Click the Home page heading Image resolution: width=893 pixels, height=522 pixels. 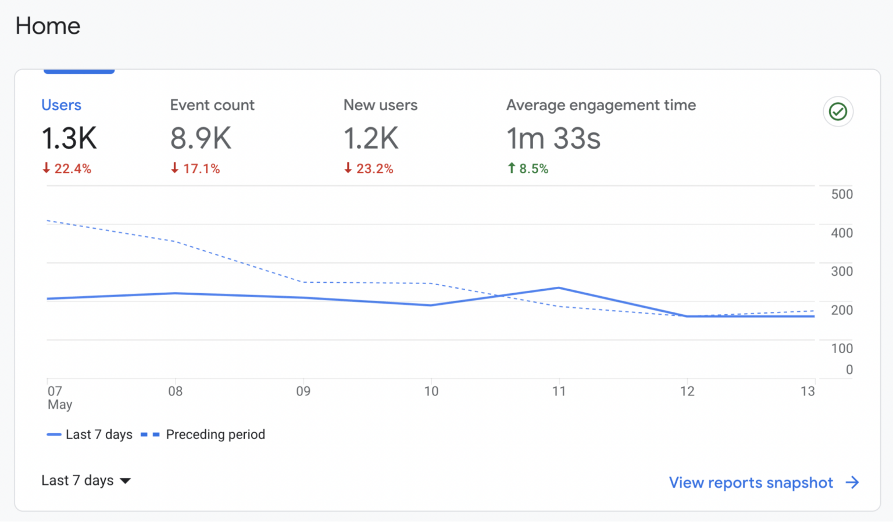pyautogui.click(x=48, y=26)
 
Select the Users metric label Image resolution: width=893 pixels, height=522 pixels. pyautogui.click(x=61, y=105)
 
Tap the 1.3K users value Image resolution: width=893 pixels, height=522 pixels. pyautogui.click(x=69, y=139)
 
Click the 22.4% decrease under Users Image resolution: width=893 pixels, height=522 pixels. pyautogui.click(x=67, y=169)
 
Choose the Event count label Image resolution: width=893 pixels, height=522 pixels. pyautogui.click(x=212, y=105)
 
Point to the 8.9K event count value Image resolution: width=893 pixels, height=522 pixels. pyautogui.click(x=201, y=139)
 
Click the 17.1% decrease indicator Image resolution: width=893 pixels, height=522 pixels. pyautogui.click(x=195, y=169)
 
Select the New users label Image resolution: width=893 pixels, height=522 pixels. pyautogui.click(x=380, y=105)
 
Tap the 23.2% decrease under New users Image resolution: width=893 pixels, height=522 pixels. pyautogui.click(x=369, y=169)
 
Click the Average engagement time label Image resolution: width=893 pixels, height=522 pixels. pyautogui.click(x=601, y=105)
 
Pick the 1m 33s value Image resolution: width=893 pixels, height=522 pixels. pyautogui.click(x=553, y=139)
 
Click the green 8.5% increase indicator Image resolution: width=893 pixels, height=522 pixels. pyautogui.click(x=528, y=169)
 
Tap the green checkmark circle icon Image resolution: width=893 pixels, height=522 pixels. pyautogui.click(x=838, y=111)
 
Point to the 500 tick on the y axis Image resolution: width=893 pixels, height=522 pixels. pyautogui.click(x=841, y=195)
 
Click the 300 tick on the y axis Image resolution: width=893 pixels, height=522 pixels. pyautogui.click(x=841, y=271)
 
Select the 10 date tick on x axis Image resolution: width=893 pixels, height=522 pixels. pyautogui.click(x=431, y=391)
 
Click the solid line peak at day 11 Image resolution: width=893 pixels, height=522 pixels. pyautogui.click(x=559, y=288)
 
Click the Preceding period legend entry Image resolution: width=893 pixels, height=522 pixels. pyautogui.click(x=203, y=434)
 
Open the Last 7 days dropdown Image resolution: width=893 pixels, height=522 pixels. pyautogui.click(x=86, y=481)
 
